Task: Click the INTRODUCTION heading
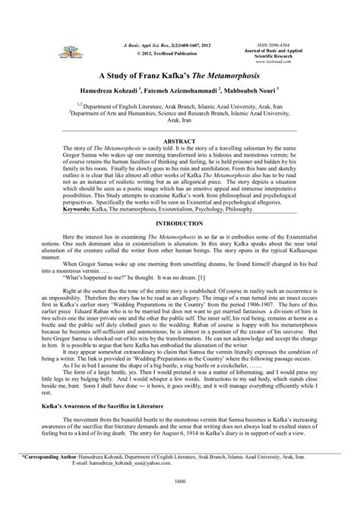click(x=180, y=226)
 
